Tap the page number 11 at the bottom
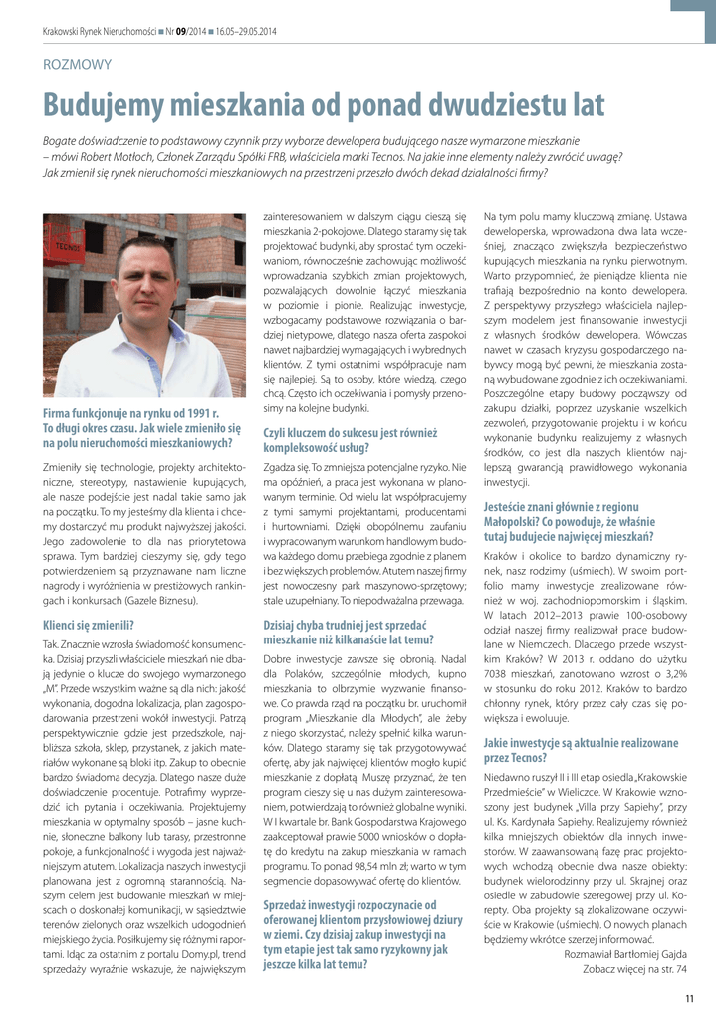[689, 999]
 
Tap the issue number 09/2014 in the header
[188, 32]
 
